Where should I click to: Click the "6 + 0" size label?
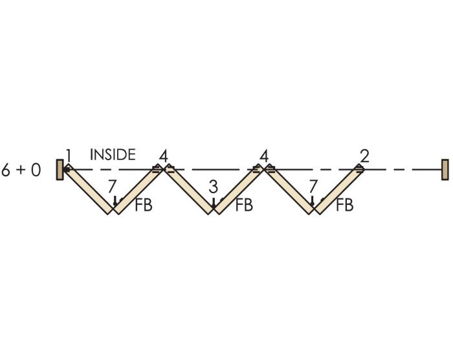(21, 170)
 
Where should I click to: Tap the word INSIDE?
(113, 155)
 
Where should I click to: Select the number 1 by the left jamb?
(68, 156)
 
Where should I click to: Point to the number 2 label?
(364, 156)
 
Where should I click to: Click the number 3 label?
(214, 188)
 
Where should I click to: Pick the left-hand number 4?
(163, 156)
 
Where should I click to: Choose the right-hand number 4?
(264, 156)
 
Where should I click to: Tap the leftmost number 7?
(113, 187)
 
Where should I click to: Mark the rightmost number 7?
(313, 187)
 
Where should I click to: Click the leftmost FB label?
(144, 205)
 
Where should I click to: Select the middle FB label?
(244, 205)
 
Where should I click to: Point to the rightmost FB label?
(344, 205)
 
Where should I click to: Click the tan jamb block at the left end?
(60, 170)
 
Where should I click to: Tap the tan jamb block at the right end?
(445, 169)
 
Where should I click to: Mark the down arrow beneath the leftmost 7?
(115, 202)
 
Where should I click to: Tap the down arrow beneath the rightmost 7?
(313, 202)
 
